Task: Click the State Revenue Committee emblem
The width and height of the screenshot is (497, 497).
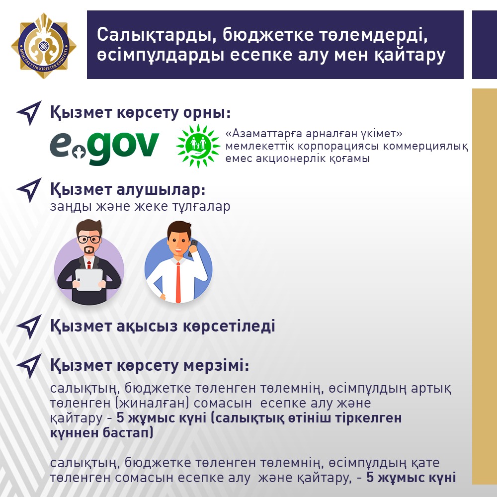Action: [44, 46]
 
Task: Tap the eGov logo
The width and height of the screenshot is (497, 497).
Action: [104, 148]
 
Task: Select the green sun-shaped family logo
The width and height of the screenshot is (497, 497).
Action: [198, 146]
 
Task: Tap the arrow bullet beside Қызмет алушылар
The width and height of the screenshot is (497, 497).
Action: [29, 190]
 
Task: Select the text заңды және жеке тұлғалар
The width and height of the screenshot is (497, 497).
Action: [140, 207]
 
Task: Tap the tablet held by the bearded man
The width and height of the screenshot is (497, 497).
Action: [89, 279]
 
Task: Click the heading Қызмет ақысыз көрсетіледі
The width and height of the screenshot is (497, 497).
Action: [163, 326]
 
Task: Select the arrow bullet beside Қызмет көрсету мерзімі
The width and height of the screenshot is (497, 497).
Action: [29, 366]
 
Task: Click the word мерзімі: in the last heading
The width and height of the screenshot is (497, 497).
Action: [217, 365]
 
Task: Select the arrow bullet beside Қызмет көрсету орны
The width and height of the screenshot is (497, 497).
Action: [29, 113]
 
